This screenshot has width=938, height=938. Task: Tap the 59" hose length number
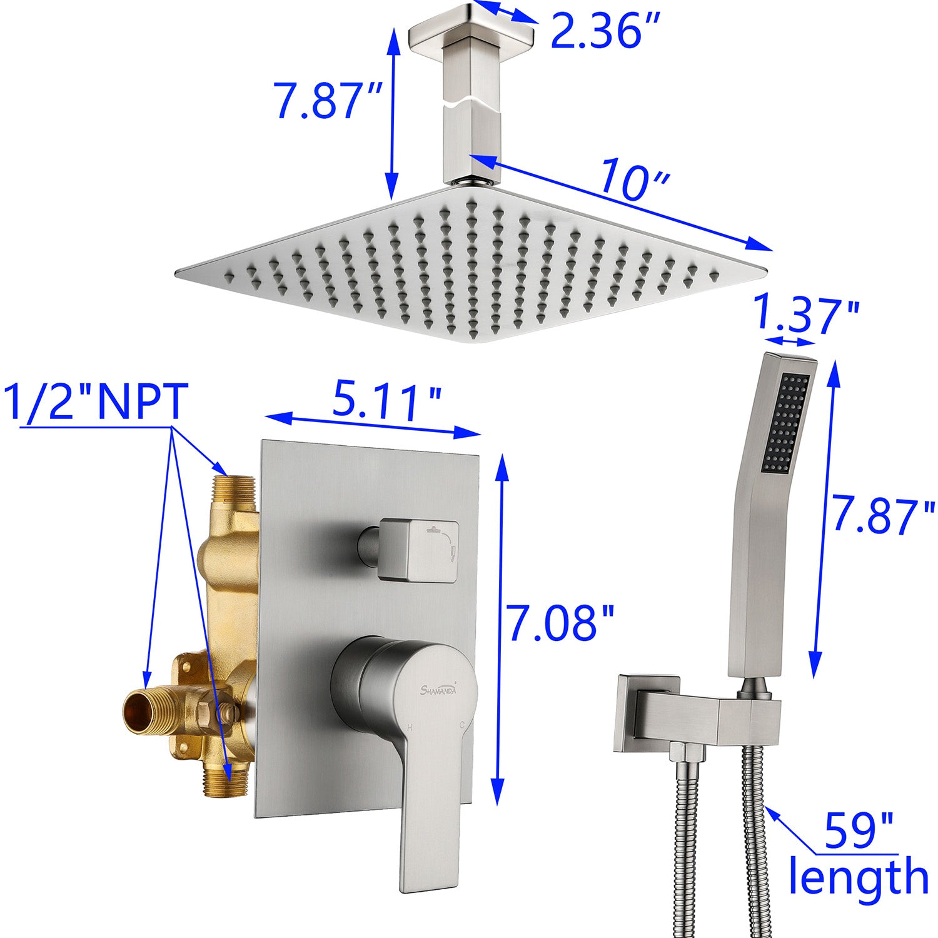click(x=859, y=830)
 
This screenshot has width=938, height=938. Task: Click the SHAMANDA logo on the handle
click(x=438, y=690)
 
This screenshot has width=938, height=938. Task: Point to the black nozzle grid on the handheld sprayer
click(x=786, y=423)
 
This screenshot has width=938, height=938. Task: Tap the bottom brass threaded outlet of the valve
click(x=225, y=784)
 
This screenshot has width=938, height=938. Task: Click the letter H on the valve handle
click(x=410, y=727)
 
